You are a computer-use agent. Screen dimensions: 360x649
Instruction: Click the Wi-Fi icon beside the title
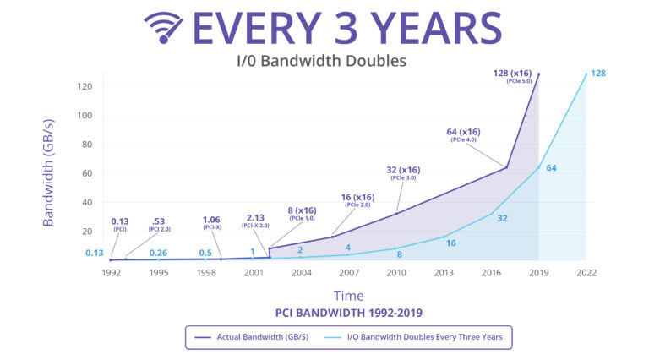click(x=164, y=28)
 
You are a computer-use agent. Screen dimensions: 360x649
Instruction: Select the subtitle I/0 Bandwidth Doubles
click(x=320, y=61)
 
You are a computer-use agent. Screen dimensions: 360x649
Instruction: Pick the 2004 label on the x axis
click(x=302, y=273)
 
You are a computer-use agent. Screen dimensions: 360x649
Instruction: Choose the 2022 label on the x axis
click(x=586, y=273)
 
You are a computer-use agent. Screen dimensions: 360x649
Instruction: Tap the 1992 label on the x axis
click(x=111, y=273)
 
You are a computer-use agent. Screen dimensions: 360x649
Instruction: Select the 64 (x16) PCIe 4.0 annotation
click(x=463, y=135)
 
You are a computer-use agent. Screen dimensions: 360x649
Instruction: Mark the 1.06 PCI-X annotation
click(x=211, y=226)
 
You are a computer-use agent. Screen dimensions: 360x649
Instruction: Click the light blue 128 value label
click(x=597, y=74)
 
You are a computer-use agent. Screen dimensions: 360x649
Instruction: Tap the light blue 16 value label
click(x=450, y=243)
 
